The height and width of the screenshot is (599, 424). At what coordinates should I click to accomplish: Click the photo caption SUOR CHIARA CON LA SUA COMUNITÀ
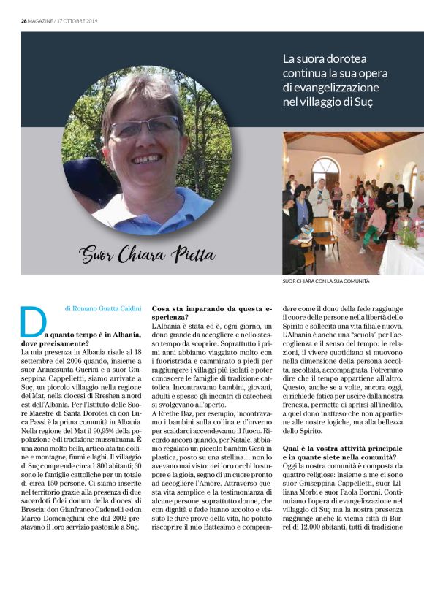click(x=326, y=281)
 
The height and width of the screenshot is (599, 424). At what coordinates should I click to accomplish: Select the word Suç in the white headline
click(x=362, y=102)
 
